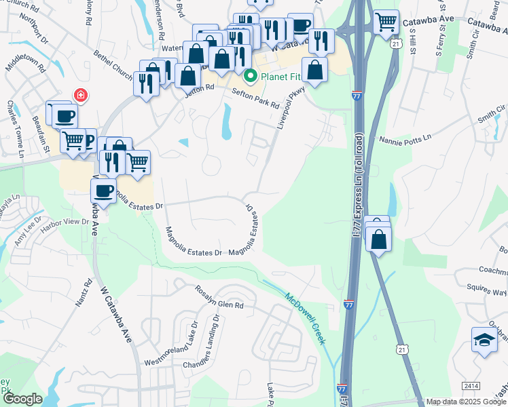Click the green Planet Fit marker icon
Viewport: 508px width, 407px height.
[250, 76]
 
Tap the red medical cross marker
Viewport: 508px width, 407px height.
[81, 95]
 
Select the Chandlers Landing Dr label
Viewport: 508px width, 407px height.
[201, 343]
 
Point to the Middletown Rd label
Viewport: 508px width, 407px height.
[25, 59]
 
